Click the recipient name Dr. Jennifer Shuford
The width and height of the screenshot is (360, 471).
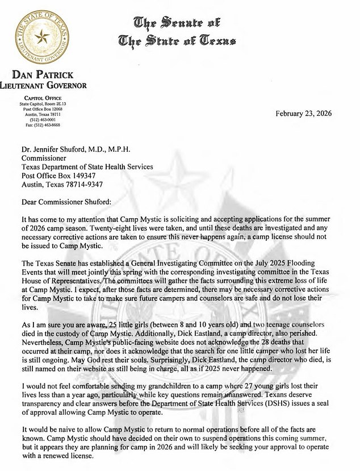tap(58, 149)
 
